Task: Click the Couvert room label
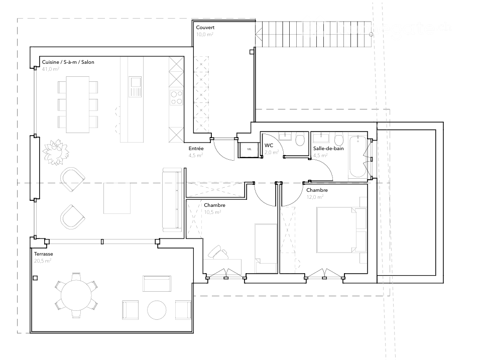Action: pos(206,27)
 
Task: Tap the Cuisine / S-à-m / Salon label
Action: pos(68,62)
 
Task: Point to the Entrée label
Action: pos(196,149)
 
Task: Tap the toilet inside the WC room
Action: pos(300,139)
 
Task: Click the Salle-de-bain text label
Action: pos(328,149)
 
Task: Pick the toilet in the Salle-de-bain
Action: pos(338,139)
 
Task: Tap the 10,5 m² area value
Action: pos(212,212)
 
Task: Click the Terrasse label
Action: pos(44,254)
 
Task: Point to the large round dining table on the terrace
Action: pos(76,296)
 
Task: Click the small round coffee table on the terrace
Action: pos(156,309)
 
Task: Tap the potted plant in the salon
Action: pos(54,152)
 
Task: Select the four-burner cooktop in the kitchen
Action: pos(177,98)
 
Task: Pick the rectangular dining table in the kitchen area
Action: pos(78,103)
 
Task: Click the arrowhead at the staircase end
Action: pos(258,35)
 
